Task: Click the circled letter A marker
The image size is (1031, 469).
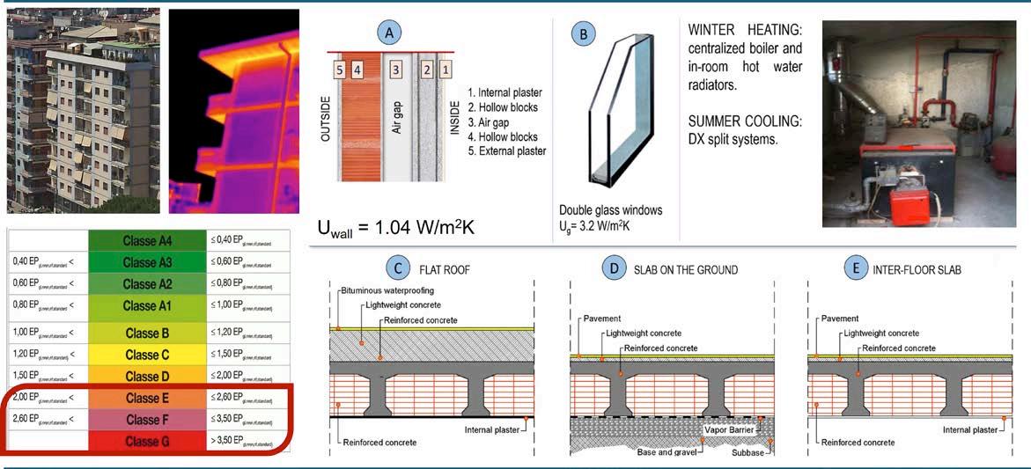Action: [389, 33]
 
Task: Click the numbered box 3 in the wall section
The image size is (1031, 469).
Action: [396, 69]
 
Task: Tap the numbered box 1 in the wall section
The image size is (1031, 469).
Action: [446, 69]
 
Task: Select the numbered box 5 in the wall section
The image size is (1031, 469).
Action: [339, 69]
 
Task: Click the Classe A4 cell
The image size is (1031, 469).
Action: [147, 240]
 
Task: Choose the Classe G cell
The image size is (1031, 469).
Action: [147, 441]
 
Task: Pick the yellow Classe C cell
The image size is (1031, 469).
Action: [147, 355]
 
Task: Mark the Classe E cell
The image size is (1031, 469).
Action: [147, 399]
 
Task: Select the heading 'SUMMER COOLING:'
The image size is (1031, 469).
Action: [745, 121]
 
